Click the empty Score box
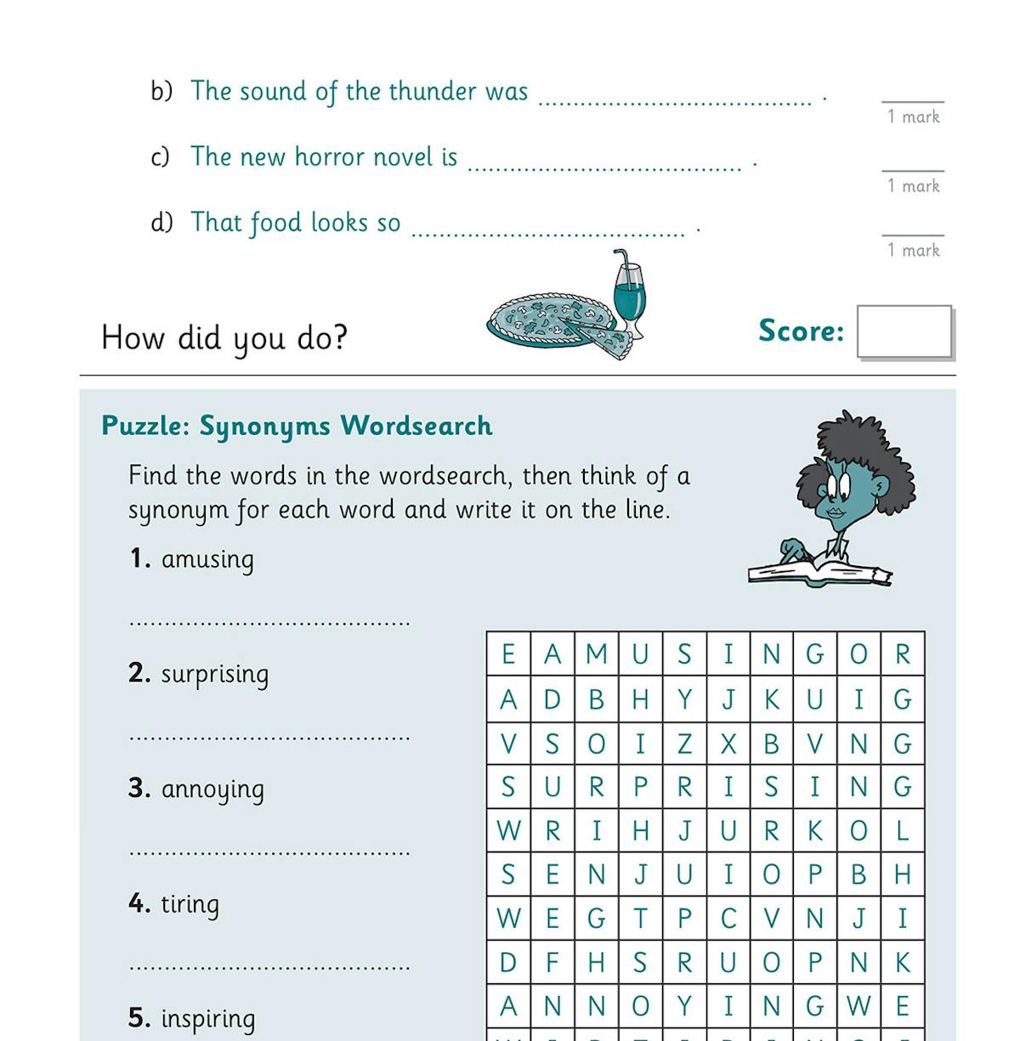[904, 331]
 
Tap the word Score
[801, 331]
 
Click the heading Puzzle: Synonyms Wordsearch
[297, 426]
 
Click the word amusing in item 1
[207, 560]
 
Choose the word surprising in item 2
[215, 675]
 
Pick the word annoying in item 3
[212, 789]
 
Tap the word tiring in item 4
[190, 904]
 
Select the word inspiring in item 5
[207, 1018]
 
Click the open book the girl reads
[818, 571]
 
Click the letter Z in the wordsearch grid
[684, 744]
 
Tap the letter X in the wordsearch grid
[728, 744]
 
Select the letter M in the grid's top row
[597, 654]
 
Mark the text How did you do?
[224, 338]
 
